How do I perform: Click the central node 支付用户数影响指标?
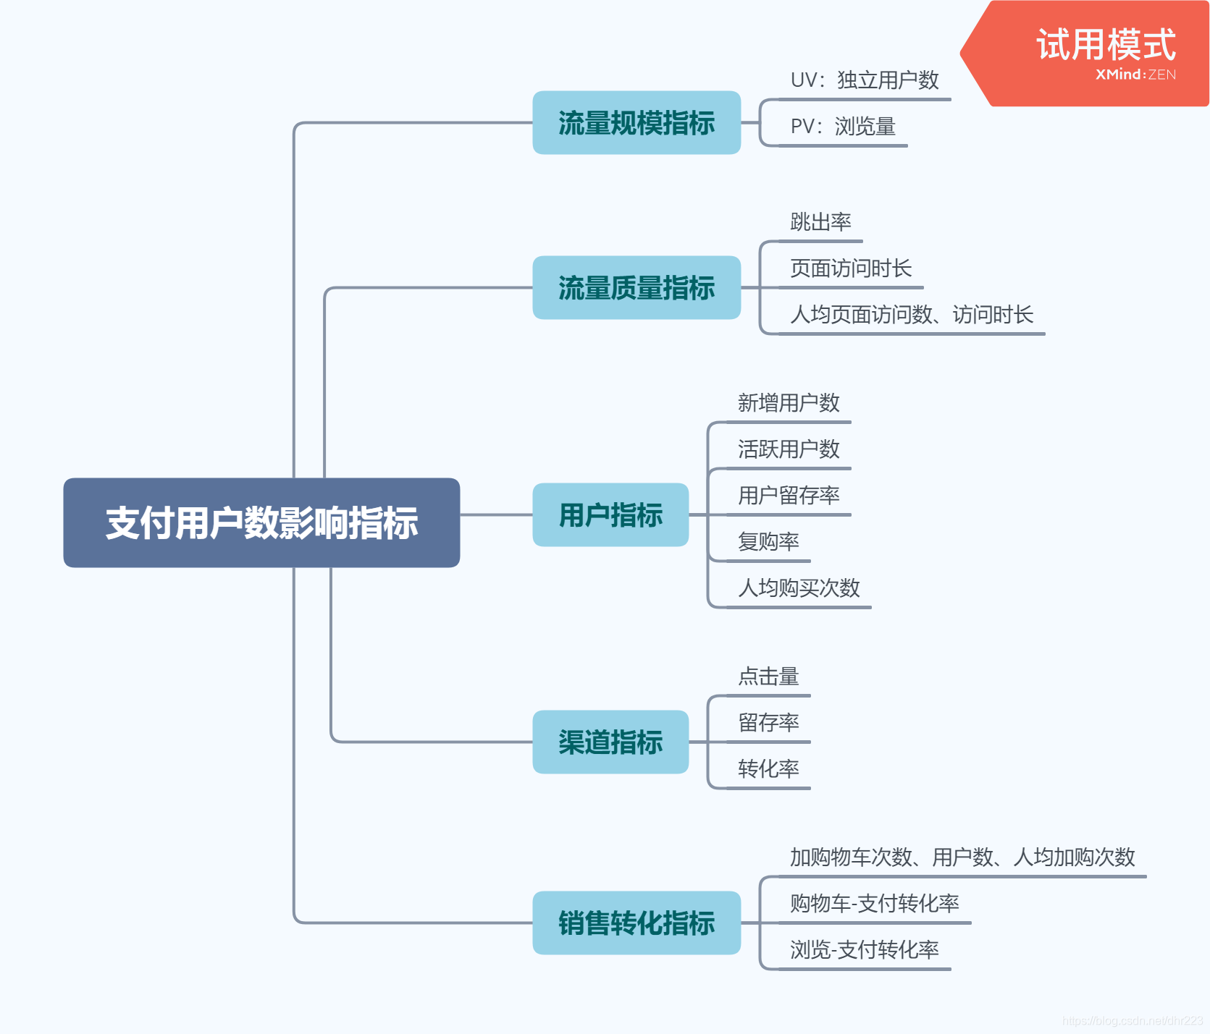pyautogui.click(x=261, y=522)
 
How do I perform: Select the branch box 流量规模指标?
pyautogui.click(x=636, y=122)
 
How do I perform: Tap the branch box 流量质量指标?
pyautogui.click(x=636, y=287)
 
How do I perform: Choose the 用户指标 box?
pyautogui.click(x=610, y=514)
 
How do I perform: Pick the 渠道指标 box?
pyautogui.click(x=610, y=742)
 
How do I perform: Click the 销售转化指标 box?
pyautogui.click(x=636, y=923)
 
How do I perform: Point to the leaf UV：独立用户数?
pyautogui.click(x=865, y=80)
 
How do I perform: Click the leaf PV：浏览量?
pyautogui.click(x=843, y=126)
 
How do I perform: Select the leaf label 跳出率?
pyautogui.click(x=820, y=221)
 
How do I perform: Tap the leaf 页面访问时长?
pyautogui.click(x=851, y=268)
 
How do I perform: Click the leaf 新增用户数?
pyautogui.click(x=789, y=402)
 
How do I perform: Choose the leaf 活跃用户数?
pyautogui.click(x=789, y=449)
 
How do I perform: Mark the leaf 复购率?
pyautogui.click(x=768, y=541)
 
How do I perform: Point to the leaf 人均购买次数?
pyautogui.click(x=799, y=588)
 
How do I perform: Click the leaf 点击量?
pyautogui.click(x=768, y=676)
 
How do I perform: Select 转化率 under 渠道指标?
pyautogui.click(x=768, y=768)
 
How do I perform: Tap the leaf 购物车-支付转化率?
pyautogui.click(x=875, y=903)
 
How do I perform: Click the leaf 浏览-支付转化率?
pyautogui.click(x=865, y=949)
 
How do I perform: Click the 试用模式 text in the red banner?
pyautogui.click(x=1106, y=45)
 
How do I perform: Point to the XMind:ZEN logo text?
pyautogui.click(x=1135, y=75)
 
